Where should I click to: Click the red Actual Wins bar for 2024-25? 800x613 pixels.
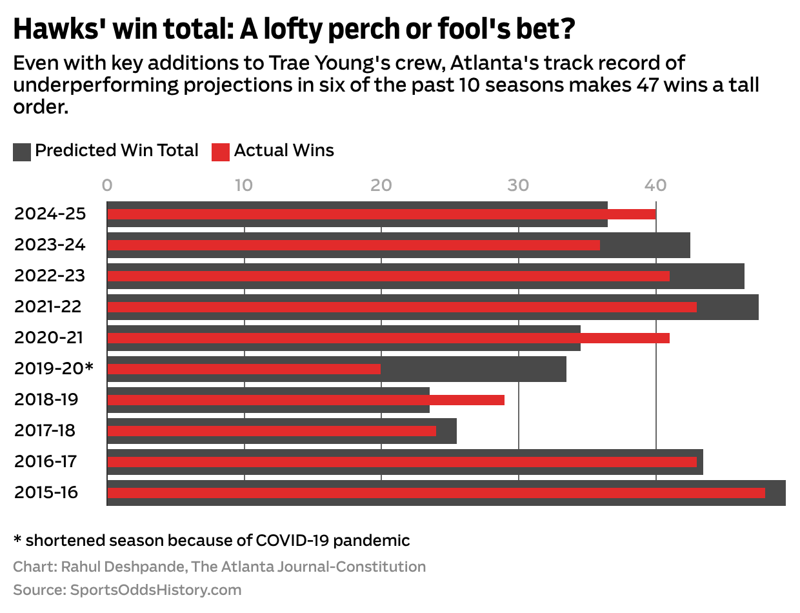coord(381,214)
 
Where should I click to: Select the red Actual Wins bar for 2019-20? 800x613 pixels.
coord(244,369)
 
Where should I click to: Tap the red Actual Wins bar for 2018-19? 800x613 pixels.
coord(305,400)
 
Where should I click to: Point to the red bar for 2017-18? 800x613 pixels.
coord(271,431)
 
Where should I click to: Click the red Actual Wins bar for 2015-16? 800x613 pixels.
coord(435,493)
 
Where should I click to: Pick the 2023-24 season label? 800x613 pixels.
coord(50,245)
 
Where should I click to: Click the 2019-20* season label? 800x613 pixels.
coord(54,369)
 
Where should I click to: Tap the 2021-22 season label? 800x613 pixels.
coord(48,307)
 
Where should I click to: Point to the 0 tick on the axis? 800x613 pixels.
coord(107,185)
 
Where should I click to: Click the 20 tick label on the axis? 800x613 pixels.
coord(381,185)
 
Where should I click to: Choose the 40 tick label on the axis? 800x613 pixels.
coord(655,185)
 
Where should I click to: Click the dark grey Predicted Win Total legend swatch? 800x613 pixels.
coord(22,152)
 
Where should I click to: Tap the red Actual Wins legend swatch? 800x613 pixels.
coord(221,152)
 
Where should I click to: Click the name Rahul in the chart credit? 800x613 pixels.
coord(81,567)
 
